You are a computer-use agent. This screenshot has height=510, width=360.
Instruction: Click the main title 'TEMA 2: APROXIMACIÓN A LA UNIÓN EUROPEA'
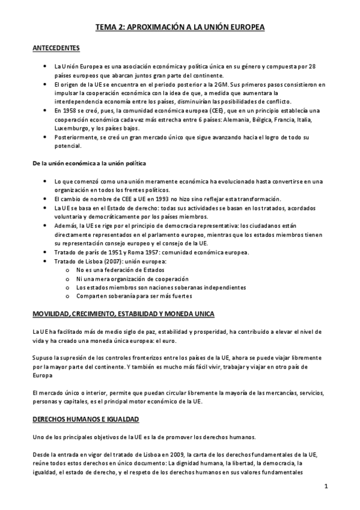pyautogui.click(x=180, y=27)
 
